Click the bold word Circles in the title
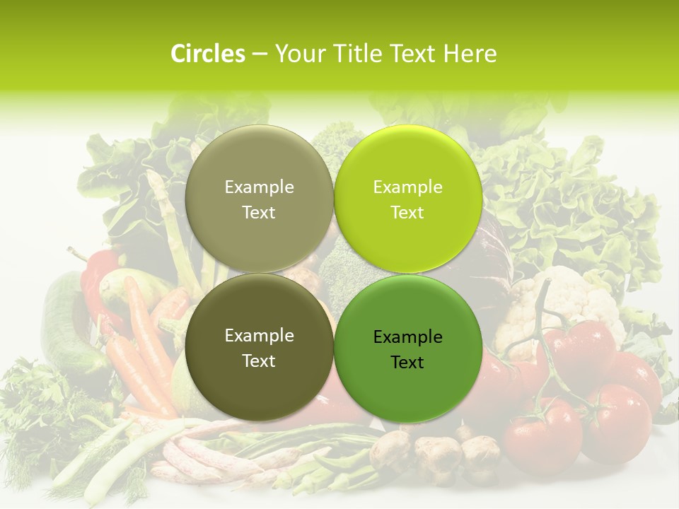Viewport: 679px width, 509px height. [x=208, y=54]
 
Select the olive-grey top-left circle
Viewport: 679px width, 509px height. [x=259, y=198]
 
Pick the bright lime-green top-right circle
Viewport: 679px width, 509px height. [x=407, y=198]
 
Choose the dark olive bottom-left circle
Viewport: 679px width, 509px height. [x=259, y=346]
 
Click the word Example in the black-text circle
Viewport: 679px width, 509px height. [x=407, y=337]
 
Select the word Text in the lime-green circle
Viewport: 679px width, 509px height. [x=407, y=213]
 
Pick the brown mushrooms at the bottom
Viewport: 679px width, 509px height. [x=439, y=452]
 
